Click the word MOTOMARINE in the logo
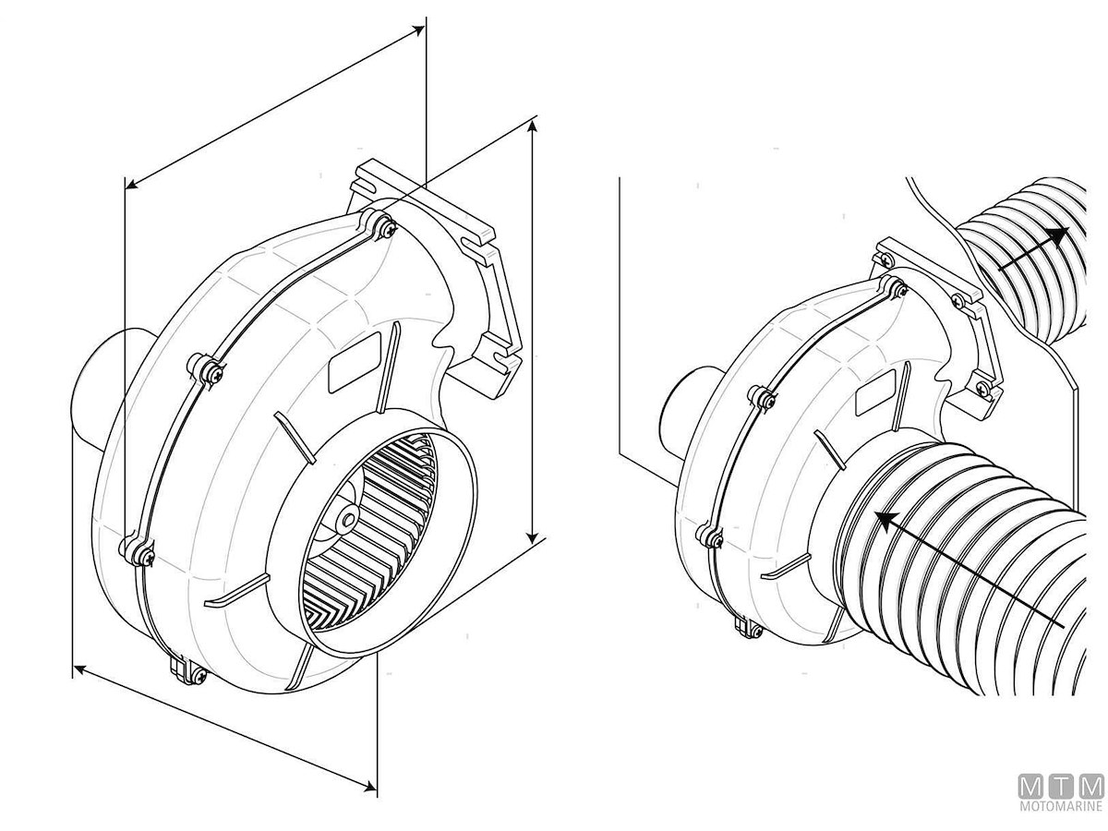1061,820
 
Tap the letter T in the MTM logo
1061,801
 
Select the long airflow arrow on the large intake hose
969,569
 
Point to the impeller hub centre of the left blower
348,520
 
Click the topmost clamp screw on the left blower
387,229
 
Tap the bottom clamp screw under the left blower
199,676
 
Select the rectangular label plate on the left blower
355,362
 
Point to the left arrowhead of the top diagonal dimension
132,184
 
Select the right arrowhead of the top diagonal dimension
418,30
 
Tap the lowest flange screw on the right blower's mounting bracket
982,387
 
